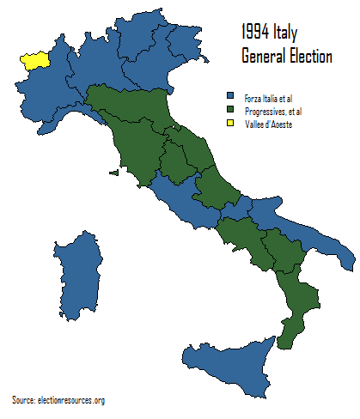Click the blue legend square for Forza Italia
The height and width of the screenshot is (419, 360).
pyautogui.click(x=229, y=96)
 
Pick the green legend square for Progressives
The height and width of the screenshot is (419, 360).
pyautogui.click(x=229, y=110)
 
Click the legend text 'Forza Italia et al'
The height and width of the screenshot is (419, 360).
pyautogui.click(x=269, y=96)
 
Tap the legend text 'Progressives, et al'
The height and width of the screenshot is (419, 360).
pyautogui.click(x=273, y=110)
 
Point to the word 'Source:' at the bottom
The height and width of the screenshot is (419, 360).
pyautogui.click(x=23, y=400)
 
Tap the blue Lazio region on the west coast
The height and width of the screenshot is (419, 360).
pyautogui.click(x=185, y=203)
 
